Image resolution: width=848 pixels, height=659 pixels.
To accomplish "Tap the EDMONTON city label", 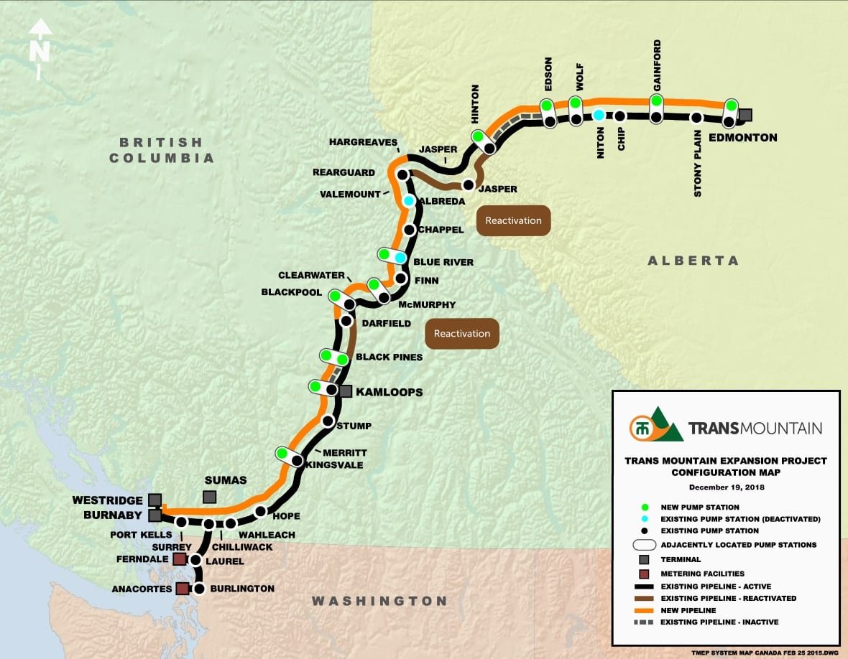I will (742, 138).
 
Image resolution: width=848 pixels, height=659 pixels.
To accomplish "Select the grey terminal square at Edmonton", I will (746, 114).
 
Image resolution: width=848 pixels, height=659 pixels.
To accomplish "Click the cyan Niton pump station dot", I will (599, 115).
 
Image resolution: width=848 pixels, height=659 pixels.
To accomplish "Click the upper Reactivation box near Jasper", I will (513, 220).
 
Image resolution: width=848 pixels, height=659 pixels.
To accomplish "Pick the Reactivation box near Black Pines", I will (462, 334).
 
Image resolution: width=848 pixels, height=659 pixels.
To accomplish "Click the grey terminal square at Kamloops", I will (346, 391).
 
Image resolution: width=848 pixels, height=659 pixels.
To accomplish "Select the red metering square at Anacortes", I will (183, 589).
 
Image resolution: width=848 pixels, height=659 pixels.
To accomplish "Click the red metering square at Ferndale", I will (179, 558).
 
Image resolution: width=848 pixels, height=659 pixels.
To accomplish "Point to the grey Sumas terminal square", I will (209, 497).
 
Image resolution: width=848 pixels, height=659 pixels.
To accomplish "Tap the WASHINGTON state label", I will (379, 601).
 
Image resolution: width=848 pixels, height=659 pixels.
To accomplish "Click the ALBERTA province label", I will (693, 261).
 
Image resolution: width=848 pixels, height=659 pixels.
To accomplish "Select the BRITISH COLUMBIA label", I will (161, 150).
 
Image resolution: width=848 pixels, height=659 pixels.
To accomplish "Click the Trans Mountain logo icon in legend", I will (655, 425).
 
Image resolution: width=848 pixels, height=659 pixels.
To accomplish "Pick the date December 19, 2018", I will (725, 487).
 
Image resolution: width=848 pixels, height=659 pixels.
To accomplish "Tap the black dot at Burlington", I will (199, 589).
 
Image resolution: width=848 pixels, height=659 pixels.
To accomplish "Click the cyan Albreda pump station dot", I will (409, 201).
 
